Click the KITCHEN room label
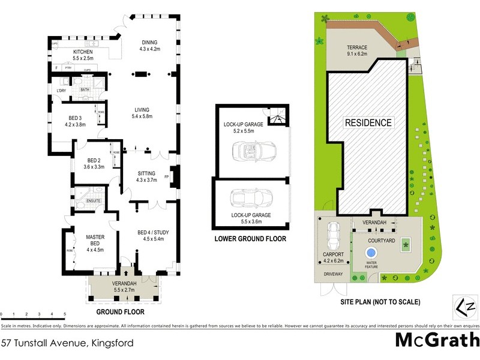pyautogui.click(x=83, y=52)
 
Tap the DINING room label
pyautogui.click(x=149, y=43)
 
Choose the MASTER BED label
pyautogui.click(x=95, y=240)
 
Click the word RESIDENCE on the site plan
pyautogui.click(x=368, y=123)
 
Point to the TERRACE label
pyautogui.click(x=356, y=47)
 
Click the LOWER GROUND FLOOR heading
pyautogui.click(x=250, y=239)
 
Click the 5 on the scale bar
pyautogui.click(x=65, y=314)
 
